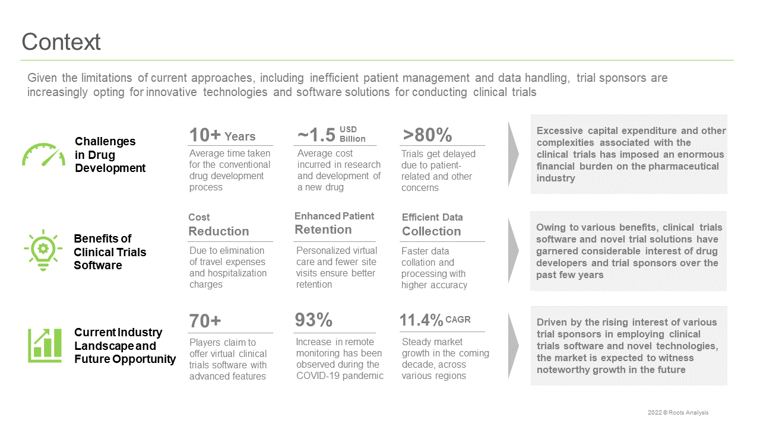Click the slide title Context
tap(61, 42)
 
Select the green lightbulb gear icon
tap(43, 250)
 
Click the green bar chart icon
tap(45, 345)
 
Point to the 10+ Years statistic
tap(222, 135)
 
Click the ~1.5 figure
tap(316, 135)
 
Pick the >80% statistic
tap(427, 135)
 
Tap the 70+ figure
tap(205, 321)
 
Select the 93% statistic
tap(313, 320)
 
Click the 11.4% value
tap(421, 320)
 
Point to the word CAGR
tap(458, 320)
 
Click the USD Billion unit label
tap(353, 134)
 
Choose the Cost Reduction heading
tap(218, 225)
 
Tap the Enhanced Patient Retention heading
tap(334, 224)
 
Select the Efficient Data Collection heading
tap(432, 225)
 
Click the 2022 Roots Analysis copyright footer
tap(678, 412)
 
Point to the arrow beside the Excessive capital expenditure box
tap(514, 154)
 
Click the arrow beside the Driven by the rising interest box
tap(514, 346)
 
